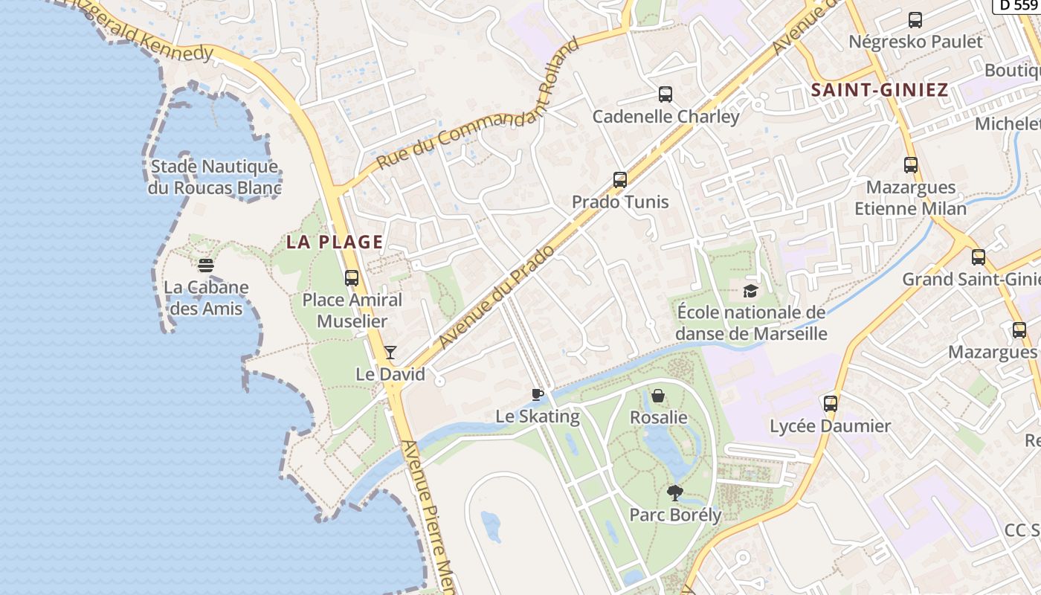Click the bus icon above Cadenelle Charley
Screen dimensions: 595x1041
[665, 94]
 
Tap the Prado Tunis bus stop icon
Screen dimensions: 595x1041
[620, 179]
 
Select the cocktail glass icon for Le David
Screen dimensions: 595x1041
[390, 352]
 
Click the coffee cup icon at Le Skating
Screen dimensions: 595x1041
[538, 394]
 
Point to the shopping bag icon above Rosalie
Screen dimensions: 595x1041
[658, 396]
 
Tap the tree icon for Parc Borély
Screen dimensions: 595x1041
[675, 492]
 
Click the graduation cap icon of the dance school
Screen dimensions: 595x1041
[750, 291]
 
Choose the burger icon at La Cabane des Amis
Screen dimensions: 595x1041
[206, 265]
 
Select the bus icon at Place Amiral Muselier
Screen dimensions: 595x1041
[352, 278]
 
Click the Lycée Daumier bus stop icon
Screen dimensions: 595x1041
[831, 404]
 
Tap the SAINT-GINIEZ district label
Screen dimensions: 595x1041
[880, 91]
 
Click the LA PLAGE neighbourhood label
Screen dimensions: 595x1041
[335, 242]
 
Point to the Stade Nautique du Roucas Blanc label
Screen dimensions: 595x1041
[214, 177]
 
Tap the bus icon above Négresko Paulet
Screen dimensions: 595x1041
[915, 20]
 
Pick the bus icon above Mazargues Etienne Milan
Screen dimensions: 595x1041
[911, 165]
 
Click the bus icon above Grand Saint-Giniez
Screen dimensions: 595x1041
[979, 257]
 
